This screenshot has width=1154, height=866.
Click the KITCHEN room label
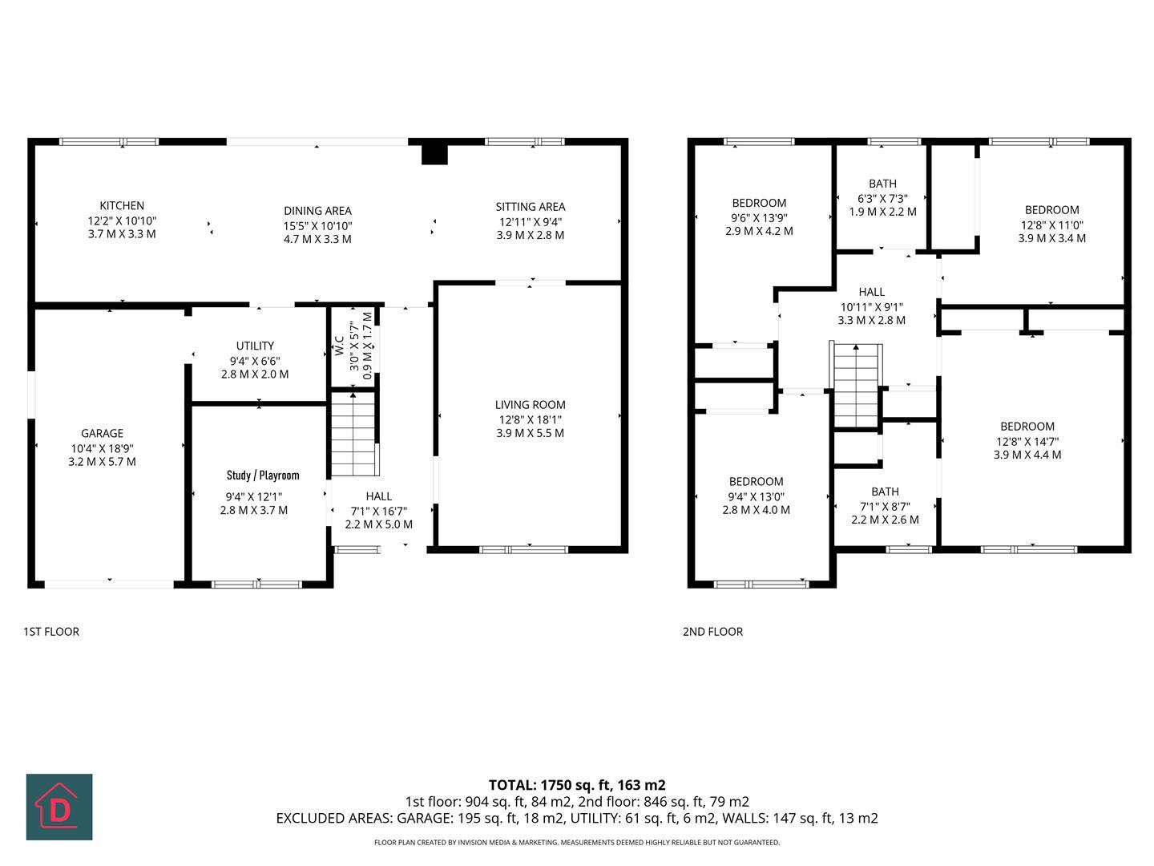[x=122, y=206]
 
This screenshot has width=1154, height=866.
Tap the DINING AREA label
[x=317, y=211]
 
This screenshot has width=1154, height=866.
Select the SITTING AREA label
[x=530, y=207]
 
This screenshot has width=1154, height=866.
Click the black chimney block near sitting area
[x=434, y=152]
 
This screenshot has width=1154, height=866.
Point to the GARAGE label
[x=102, y=434]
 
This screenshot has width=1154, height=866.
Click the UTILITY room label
[x=255, y=346]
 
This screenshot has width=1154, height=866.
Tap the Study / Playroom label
[x=263, y=475]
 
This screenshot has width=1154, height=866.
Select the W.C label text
[x=340, y=346]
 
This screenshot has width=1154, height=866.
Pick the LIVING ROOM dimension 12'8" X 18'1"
[x=530, y=419]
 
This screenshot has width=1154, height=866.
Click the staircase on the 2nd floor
[x=857, y=386]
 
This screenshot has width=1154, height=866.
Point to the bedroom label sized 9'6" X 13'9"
[x=759, y=203]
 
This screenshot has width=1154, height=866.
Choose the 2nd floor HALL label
[x=871, y=293]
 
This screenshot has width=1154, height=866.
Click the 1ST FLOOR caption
[x=51, y=632]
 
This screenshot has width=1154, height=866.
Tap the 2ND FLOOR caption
[x=712, y=632]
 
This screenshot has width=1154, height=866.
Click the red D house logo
[x=59, y=807]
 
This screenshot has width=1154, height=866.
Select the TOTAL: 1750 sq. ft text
[x=577, y=785]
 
